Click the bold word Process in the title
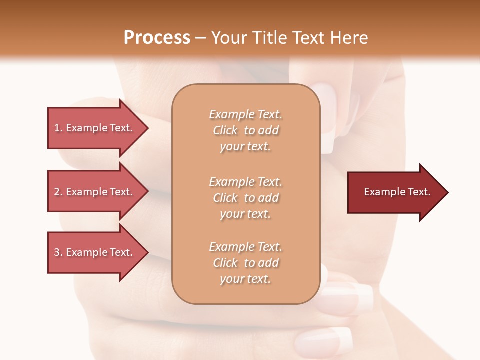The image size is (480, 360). (x=157, y=37)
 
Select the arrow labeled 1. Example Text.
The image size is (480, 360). (x=95, y=128)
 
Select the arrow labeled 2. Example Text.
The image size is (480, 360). (x=95, y=192)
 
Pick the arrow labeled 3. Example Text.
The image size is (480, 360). (x=95, y=252)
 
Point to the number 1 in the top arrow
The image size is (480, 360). (x=57, y=128)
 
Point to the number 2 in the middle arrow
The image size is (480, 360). (x=57, y=192)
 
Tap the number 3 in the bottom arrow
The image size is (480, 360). (x=57, y=252)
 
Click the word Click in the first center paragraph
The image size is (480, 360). (x=225, y=130)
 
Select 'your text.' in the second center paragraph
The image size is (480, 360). (x=245, y=214)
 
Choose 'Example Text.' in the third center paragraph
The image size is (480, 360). (x=245, y=247)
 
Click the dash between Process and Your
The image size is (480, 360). (x=201, y=38)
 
